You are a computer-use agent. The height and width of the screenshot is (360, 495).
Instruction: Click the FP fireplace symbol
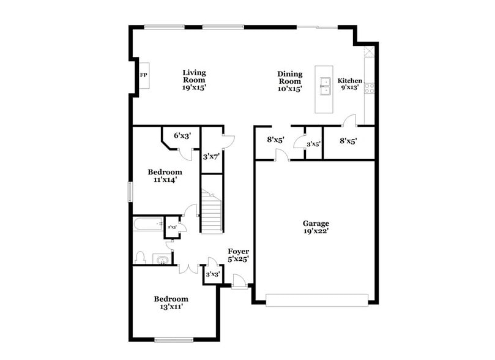click(144, 75)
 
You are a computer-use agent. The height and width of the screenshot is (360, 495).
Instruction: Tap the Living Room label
click(193, 80)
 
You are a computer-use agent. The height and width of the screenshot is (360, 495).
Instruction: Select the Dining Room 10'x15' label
click(289, 78)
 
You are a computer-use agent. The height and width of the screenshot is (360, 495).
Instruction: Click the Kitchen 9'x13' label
click(350, 84)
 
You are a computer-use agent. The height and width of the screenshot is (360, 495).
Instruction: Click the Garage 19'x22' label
click(316, 227)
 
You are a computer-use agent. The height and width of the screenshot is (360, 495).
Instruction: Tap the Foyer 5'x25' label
click(238, 255)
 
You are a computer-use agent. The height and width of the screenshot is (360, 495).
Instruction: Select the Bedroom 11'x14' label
click(165, 176)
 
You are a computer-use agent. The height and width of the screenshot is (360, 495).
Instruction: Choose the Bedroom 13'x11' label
click(171, 302)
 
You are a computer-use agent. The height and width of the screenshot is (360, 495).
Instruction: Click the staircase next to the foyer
click(211, 212)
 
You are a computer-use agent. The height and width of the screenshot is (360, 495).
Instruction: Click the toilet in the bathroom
click(140, 258)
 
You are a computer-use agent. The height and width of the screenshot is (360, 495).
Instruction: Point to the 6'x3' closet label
click(182, 136)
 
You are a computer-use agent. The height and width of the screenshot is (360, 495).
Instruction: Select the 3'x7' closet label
click(211, 157)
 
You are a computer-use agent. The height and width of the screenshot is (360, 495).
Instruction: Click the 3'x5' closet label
click(313, 144)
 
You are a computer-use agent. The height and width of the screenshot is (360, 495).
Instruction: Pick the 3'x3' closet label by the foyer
click(212, 274)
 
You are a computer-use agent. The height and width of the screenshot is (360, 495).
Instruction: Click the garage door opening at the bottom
click(317, 299)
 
